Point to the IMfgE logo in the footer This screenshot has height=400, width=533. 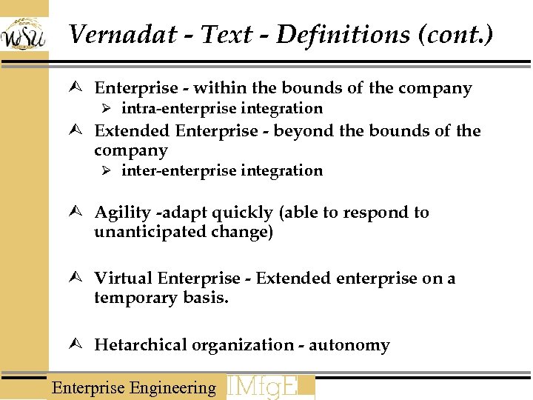tap(269, 387)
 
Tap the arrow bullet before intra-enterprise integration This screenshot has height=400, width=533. tap(106, 109)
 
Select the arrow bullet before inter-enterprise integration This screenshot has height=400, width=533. tap(106, 171)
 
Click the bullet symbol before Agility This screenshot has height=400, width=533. tap(81, 213)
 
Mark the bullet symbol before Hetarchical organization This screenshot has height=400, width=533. tap(81, 345)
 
